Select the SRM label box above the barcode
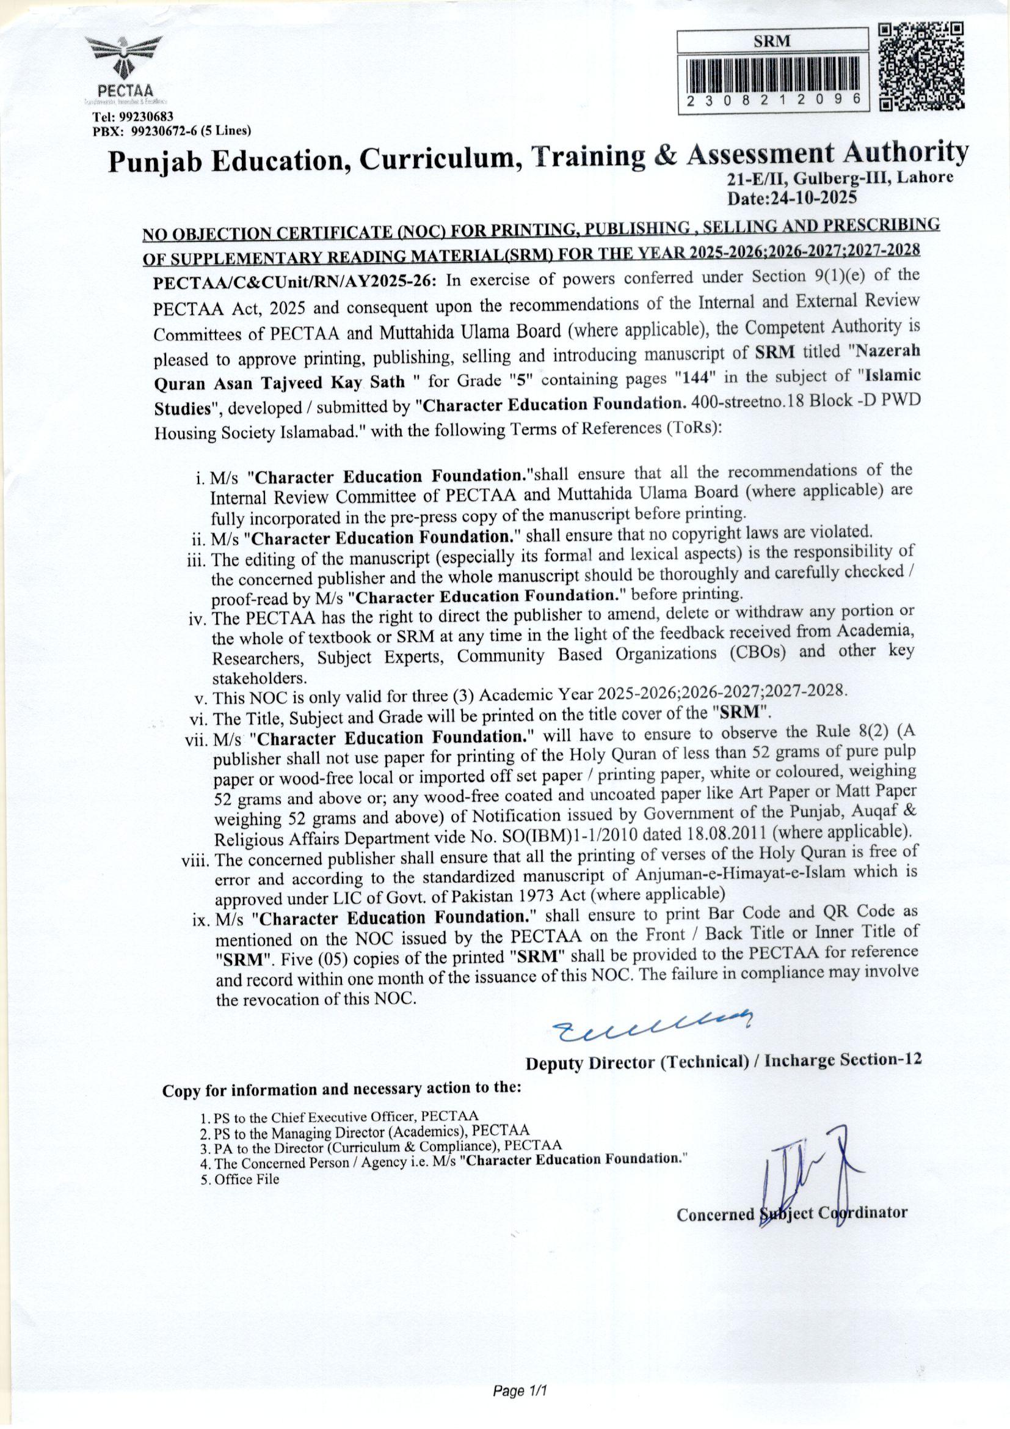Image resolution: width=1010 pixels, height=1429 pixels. pyautogui.click(x=771, y=42)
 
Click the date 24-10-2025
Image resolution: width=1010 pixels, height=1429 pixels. pyautogui.click(x=793, y=198)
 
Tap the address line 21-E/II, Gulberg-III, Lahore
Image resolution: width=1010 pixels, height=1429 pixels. pyautogui.click(x=840, y=178)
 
